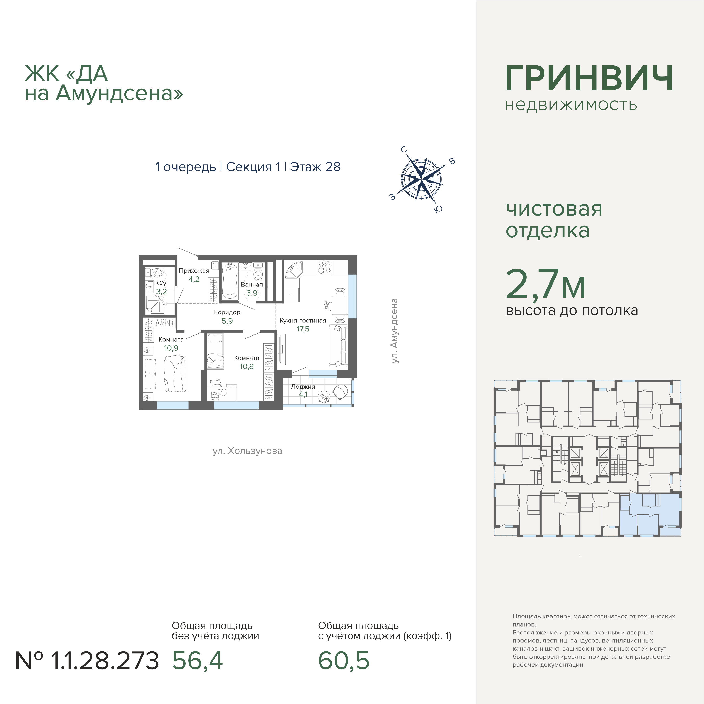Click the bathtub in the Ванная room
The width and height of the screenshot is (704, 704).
(230, 281)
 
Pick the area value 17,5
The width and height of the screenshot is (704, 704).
(303, 329)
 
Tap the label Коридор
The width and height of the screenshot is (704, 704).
(227, 312)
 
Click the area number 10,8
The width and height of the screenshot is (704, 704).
(247, 367)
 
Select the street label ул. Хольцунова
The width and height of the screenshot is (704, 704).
(247, 451)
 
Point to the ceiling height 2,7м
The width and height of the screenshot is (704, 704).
(546, 284)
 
